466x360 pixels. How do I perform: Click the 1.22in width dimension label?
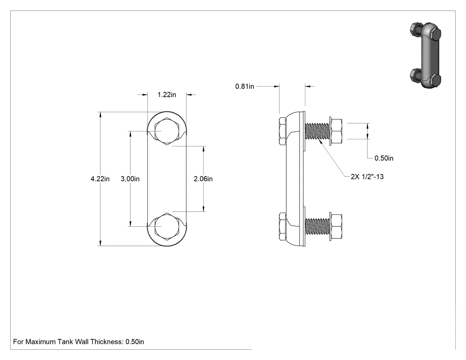point(167,95)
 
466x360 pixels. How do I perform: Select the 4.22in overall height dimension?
point(100,178)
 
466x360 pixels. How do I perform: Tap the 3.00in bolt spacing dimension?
point(130,178)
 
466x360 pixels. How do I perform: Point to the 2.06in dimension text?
point(203,178)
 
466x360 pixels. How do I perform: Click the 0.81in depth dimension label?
point(245,86)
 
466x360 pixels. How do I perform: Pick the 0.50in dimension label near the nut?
point(384,158)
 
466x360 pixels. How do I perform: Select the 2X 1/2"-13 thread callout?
point(367,177)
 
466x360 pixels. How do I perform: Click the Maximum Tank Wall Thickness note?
point(79,341)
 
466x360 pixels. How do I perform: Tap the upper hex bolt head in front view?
point(167,131)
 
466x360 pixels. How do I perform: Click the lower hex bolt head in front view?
point(167,226)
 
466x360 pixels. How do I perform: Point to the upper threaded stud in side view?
point(317,131)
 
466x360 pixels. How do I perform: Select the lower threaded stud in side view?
point(317,226)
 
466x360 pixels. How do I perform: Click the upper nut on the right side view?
point(336,131)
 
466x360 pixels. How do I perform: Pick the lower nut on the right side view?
point(336,226)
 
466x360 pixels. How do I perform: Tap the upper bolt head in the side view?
point(283,131)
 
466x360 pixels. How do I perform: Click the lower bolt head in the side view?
point(283,226)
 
